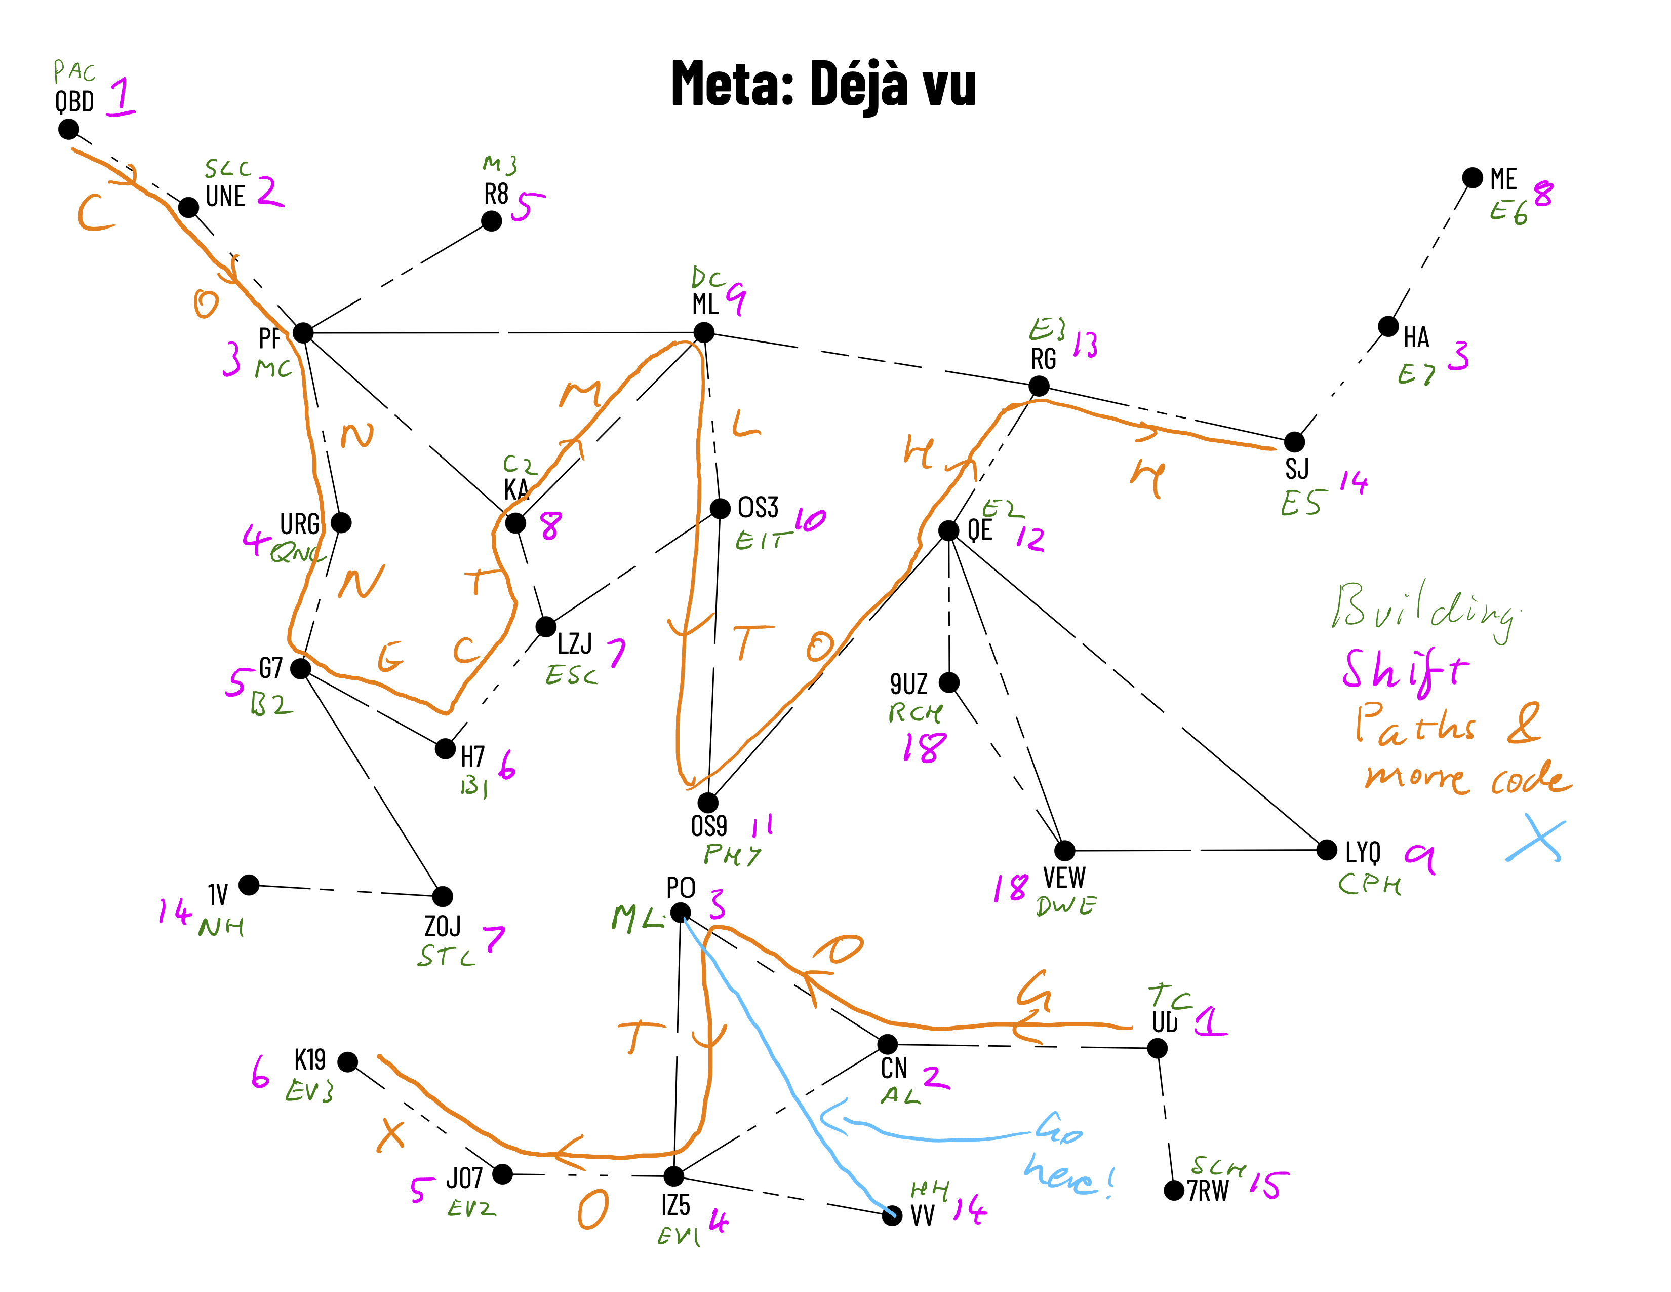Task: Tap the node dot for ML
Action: click(x=703, y=332)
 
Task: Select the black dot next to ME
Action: click(x=1472, y=177)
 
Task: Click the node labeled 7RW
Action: click(x=1174, y=1190)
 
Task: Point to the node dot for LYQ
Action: click(x=1327, y=850)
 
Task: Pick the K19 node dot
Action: click(x=347, y=1061)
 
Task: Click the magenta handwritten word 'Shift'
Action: click(x=1405, y=671)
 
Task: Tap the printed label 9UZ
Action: click(x=908, y=683)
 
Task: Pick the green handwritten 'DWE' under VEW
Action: click(x=1066, y=905)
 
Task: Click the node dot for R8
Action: click(x=491, y=221)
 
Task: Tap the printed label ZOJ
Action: click(x=442, y=926)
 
